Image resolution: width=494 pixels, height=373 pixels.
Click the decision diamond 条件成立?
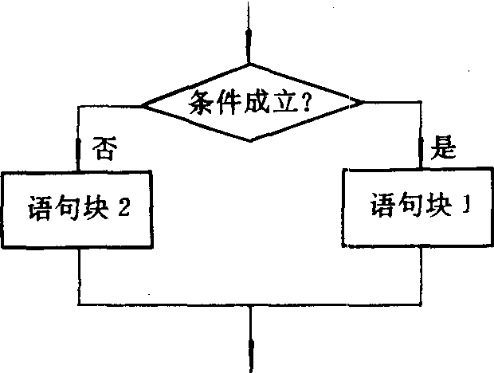[252, 102]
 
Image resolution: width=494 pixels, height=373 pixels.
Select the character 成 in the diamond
[257, 102]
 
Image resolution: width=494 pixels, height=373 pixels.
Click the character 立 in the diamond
[284, 102]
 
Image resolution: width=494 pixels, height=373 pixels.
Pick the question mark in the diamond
[305, 101]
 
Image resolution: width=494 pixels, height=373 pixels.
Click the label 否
[105, 148]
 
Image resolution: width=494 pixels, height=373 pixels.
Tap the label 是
[443, 147]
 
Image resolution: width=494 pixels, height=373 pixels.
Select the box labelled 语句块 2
[76, 210]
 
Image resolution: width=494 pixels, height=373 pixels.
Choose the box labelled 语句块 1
[418, 208]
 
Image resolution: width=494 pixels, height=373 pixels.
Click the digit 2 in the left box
[124, 207]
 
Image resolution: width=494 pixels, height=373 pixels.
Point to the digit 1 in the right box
[466, 205]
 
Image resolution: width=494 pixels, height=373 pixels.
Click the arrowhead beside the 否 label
[78, 149]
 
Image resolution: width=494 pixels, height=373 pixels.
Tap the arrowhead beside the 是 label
[421, 147]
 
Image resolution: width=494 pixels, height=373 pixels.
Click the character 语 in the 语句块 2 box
[39, 208]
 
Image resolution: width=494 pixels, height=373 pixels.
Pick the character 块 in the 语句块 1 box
[439, 205]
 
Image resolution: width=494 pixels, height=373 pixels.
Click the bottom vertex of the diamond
[250, 141]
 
